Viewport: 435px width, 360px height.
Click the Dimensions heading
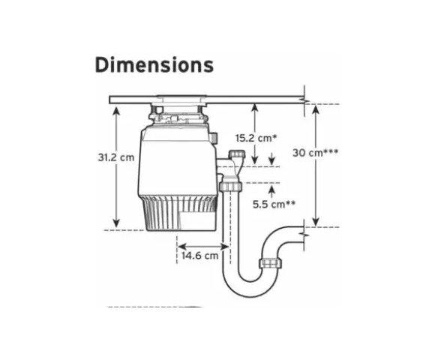tap(154, 65)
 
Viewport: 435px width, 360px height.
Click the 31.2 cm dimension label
tap(116, 157)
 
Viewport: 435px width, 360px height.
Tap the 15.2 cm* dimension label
tap(256, 138)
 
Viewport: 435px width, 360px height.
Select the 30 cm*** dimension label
tap(316, 152)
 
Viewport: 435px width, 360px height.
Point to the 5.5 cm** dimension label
tap(274, 205)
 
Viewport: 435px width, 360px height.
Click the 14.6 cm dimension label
tap(200, 255)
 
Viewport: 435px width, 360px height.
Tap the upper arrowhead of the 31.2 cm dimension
tap(116, 110)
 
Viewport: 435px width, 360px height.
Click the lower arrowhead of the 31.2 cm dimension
tap(116, 223)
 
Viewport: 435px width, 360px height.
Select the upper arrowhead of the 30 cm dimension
tap(316, 109)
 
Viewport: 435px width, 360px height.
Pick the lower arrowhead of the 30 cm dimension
tap(316, 221)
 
